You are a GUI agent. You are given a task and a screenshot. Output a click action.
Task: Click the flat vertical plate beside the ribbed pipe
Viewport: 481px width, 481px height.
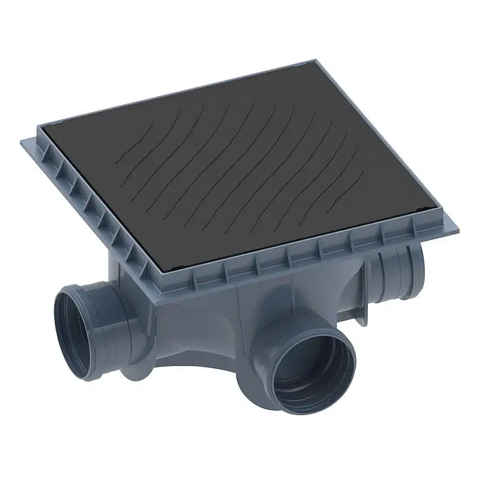362,289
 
